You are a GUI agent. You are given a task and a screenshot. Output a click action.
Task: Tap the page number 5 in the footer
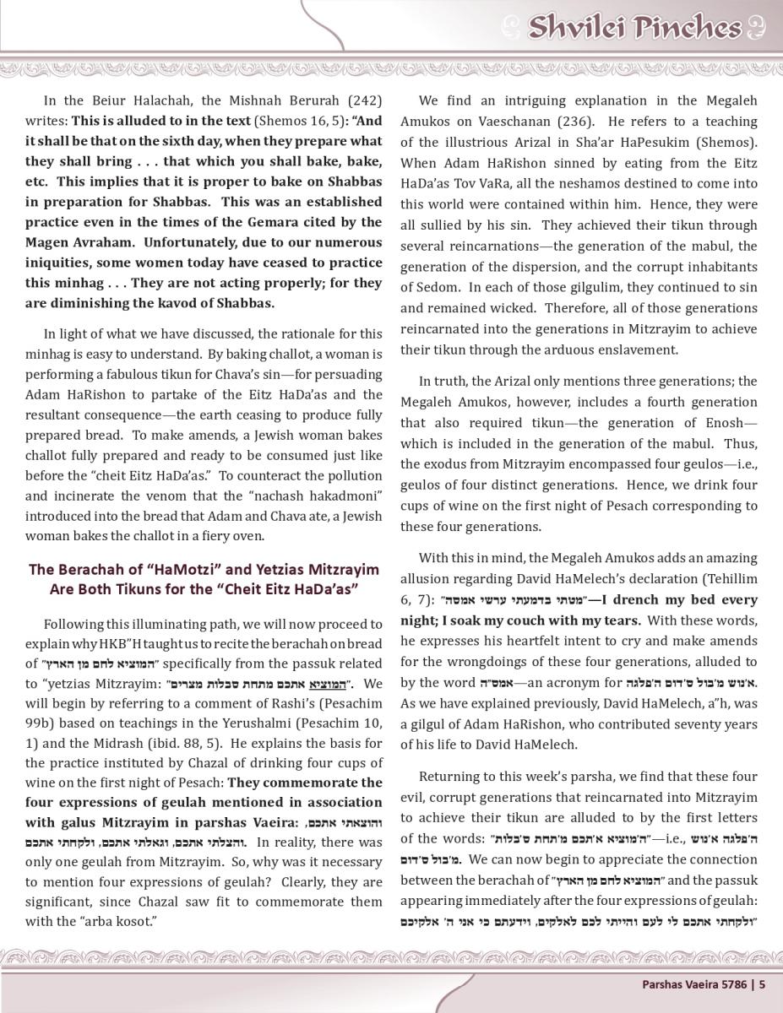pyautogui.click(x=762, y=983)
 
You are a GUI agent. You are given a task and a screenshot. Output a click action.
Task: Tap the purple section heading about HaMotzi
pyautogui.click(x=204, y=579)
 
